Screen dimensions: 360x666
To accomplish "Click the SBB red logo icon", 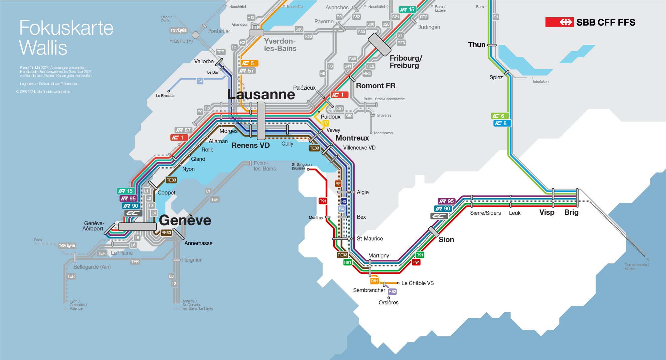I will [x=559, y=22].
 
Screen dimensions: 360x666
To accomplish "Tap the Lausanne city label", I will [x=261, y=94].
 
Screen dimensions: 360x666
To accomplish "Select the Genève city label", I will [x=185, y=220].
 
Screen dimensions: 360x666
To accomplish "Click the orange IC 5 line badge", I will [x=249, y=63].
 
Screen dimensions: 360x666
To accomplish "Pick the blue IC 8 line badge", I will [x=501, y=123].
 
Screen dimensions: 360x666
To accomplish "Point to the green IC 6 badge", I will [x=499, y=116].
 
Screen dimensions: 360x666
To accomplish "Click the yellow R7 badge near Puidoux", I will [x=326, y=123].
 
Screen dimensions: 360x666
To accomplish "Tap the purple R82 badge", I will [x=392, y=292].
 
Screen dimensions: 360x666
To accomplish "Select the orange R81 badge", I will [x=374, y=281].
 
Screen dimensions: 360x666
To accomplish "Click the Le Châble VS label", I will [x=417, y=283].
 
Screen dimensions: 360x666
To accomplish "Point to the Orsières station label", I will [x=388, y=302].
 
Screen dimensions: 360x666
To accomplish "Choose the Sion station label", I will [x=446, y=239].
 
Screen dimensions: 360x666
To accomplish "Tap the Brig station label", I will [x=571, y=212].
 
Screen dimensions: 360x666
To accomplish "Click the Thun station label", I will [x=477, y=45].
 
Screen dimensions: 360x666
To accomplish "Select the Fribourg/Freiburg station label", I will [x=405, y=62].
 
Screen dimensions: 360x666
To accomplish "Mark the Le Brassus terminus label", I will [x=165, y=96].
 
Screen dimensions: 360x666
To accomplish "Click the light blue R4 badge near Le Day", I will [x=200, y=81].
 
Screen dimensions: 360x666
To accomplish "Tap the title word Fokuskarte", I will [x=66, y=28].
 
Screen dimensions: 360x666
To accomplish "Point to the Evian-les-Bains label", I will [x=265, y=166].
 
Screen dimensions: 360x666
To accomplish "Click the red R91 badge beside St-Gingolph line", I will [x=323, y=201].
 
